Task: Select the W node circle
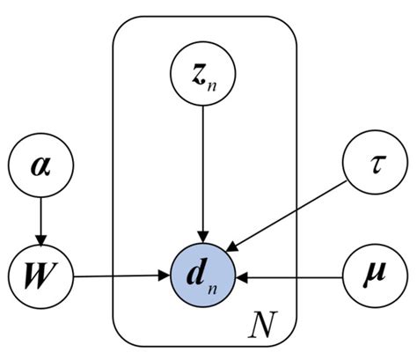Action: click(38, 277)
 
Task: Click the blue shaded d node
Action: click(203, 277)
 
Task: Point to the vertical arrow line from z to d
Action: click(203, 167)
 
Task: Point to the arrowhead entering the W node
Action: click(38, 241)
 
